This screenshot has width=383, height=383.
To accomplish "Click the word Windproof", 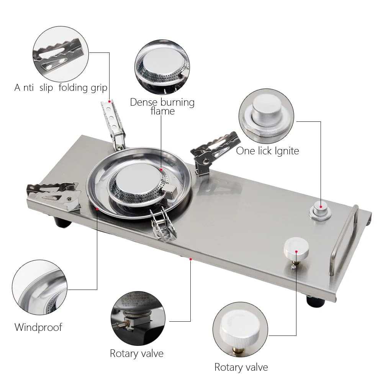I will point(38,327).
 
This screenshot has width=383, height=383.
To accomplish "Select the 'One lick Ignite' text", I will point(267,151).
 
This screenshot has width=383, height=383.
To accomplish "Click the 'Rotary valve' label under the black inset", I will point(136,353).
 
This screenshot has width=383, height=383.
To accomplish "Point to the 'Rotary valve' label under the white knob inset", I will point(241,367).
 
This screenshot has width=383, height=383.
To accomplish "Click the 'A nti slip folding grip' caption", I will point(61,88).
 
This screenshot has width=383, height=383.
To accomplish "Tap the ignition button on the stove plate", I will point(321,210).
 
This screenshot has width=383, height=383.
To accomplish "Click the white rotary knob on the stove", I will point(296,247).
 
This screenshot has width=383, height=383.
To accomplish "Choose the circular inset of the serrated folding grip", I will point(61,54).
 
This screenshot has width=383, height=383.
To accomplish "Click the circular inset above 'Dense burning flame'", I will point(162,67).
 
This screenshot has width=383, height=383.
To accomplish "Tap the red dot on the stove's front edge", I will point(190,259).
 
